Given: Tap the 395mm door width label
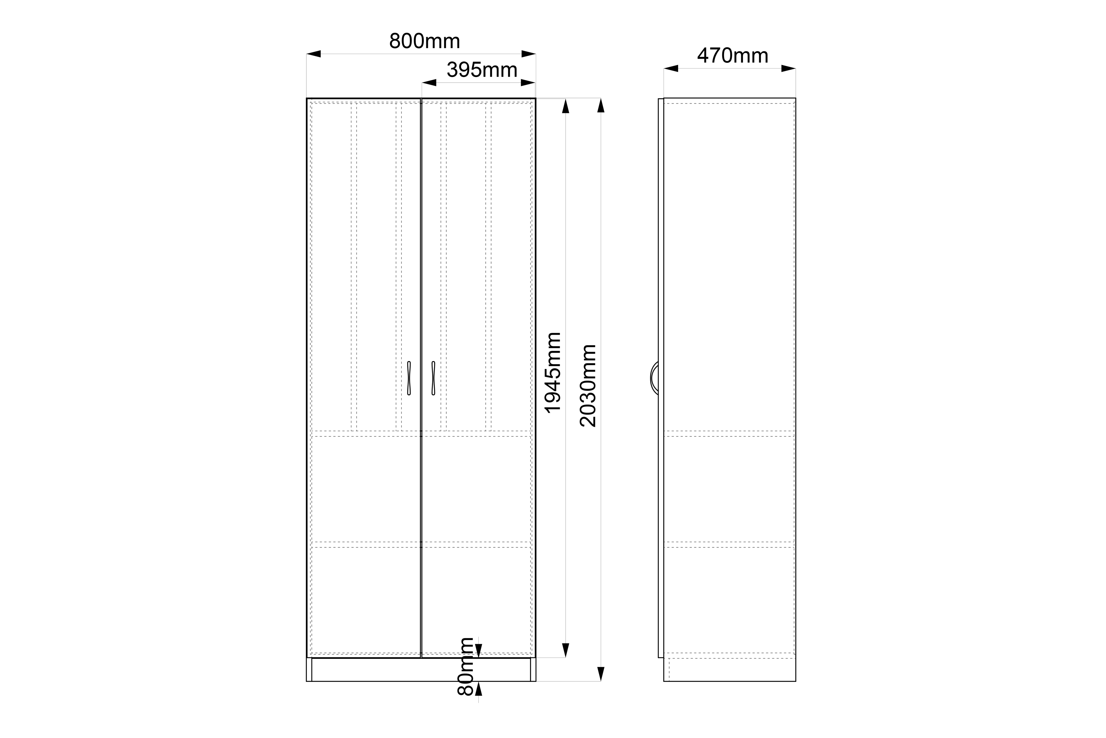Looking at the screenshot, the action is click(x=482, y=70).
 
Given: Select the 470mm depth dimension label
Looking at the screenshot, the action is click(x=733, y=55).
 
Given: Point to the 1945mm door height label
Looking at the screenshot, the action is click(x=553, y=373).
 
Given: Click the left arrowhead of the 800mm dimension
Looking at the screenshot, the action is click(x=314, y=54).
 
